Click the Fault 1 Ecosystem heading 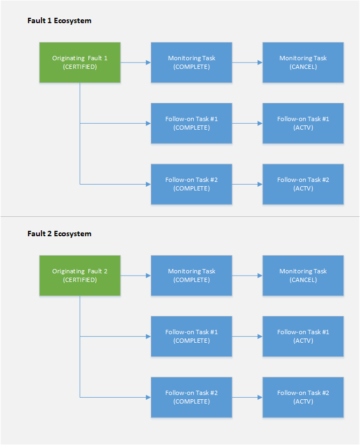(x=59, y=21)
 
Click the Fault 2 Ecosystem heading (x=59, y=234)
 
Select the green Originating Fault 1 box (x=80, y=62)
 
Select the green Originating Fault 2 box (x=80, y=276)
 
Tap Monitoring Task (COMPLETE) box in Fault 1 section (x=192, y=62)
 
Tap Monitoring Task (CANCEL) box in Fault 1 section (x=303, y=62)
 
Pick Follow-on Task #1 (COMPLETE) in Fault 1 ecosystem (x=192, y=123)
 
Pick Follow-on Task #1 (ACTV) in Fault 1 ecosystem (x=303, y=123)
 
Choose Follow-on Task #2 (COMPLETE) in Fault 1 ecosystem (x=192, y=184)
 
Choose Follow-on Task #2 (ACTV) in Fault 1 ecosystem (x=303, y=184)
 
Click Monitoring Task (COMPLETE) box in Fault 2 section (x=192, y=276)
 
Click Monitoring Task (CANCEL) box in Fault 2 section (x=303, y=276)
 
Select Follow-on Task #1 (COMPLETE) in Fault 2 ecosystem (x=192, y=336)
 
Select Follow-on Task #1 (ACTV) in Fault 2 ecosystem (x=303, y=336)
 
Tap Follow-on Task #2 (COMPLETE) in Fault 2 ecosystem (x=192, y=397)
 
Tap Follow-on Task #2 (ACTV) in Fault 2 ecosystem (x=303, y=397)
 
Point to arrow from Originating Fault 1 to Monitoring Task (x=136, y=62)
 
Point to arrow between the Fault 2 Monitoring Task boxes (x=248, y=276)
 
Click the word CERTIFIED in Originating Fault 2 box (x=80, y=280)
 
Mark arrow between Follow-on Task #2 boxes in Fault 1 (x=248, y=184)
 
